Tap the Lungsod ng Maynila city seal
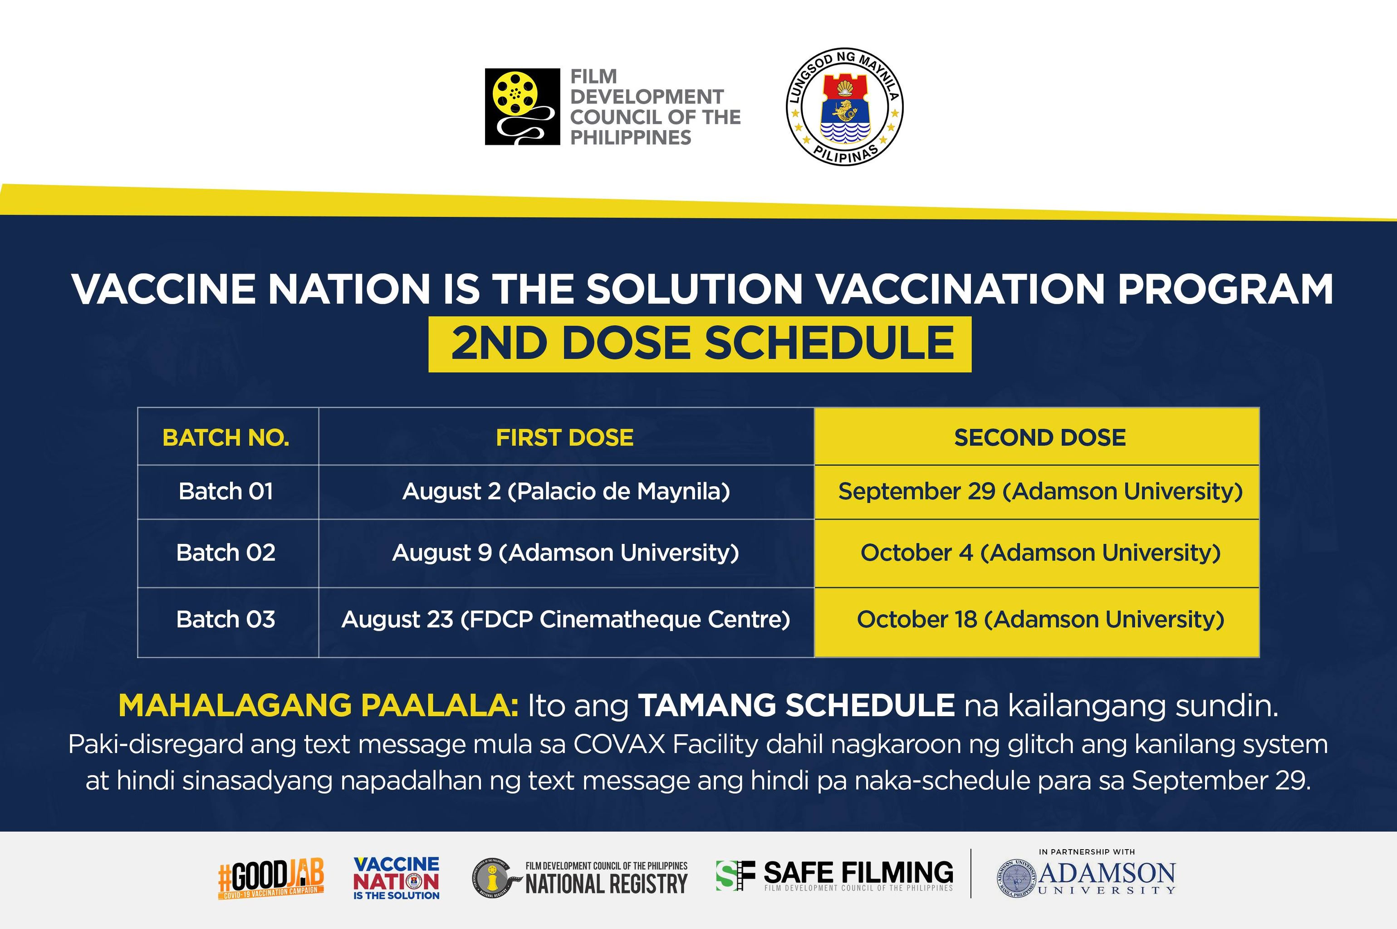[x=844, y=107]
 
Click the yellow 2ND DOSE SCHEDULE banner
[x=700, y=344]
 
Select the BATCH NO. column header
[x=226, y=437]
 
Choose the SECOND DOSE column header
[x=1040, y=437]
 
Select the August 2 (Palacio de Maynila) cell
[x=566, y=492]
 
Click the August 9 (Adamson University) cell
[x=566, y=553]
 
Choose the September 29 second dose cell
[x=1040, y=492]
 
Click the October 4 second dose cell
[x=1040, y=553]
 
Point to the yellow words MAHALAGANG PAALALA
[x=319, y=706]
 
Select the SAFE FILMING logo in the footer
[x=835, y=875]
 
